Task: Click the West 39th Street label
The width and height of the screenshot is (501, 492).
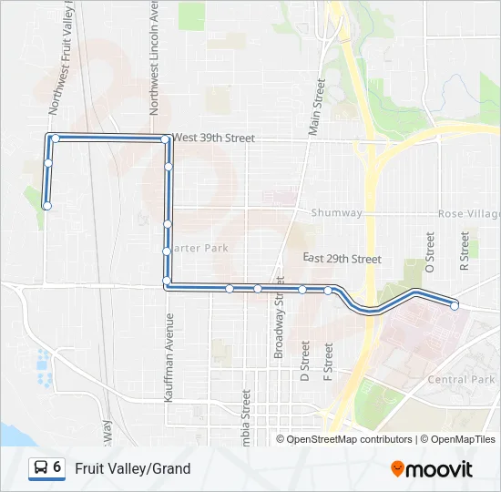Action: (x=214, y=138)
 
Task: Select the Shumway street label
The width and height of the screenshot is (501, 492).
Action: (x=336, y=213)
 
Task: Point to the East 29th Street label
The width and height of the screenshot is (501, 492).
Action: (x=342, y=259)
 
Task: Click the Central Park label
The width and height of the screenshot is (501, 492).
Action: (x=461, y=379)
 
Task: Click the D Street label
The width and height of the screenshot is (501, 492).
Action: (x=305, y=361)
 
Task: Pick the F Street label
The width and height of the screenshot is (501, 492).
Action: (x=328, y=361)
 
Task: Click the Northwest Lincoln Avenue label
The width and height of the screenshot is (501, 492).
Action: (x=154, y=56)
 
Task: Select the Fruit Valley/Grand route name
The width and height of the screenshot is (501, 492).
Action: (x=133, y=468)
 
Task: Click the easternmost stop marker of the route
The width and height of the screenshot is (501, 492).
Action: (x=455, y=306)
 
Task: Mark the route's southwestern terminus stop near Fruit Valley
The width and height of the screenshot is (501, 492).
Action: (x=46, y=206)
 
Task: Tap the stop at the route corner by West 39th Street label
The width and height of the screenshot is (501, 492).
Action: (x=165, y=139)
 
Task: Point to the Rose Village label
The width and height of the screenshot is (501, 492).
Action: (x=468, y=213)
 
